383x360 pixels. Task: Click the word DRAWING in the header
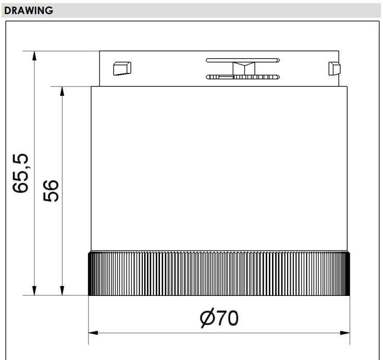[x=29, y=10]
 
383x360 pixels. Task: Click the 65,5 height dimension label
[x=20, y=173]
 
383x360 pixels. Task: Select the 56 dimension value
[x=51, y=191]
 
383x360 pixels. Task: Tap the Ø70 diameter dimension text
[x=219, y=318]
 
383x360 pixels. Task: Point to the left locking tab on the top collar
[x=122, y=68]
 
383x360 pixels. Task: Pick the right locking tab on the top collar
[x=334, y=69]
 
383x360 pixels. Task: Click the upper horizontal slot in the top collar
[x=243, y=60]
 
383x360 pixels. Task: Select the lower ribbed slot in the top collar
[x=243, y=77]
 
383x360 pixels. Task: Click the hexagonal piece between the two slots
[x=244, y=69]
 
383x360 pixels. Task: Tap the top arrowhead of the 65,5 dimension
[x=34, y=55]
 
